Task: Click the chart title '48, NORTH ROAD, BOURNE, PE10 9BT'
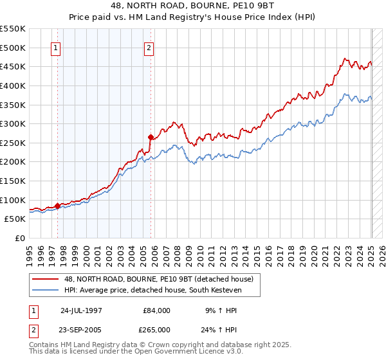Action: point(193,6)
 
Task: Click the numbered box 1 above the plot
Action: point(56,48)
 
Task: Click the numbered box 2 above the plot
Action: point(149,48)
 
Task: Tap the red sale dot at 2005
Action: point(151,137)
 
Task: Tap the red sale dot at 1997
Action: point(57,206)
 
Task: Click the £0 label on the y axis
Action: point(19,238)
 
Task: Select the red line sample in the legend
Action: point(45,279)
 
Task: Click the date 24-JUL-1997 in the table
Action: point(81,310)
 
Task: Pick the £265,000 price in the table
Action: point(157,330)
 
